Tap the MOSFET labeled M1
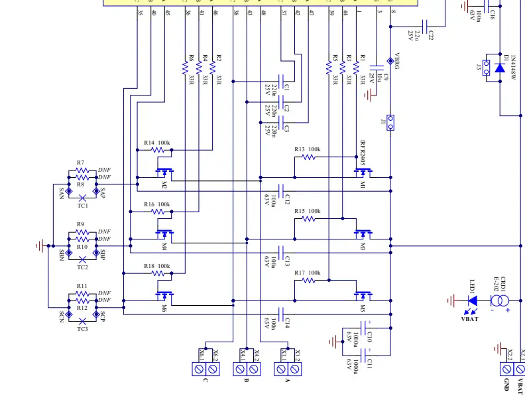coord(362,174)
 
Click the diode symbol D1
coord(500,67)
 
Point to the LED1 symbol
coord(473,300)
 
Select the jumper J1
coord(390,122)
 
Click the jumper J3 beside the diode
coord(486,67)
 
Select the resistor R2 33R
coord(213,67)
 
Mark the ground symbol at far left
coord(41,245)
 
